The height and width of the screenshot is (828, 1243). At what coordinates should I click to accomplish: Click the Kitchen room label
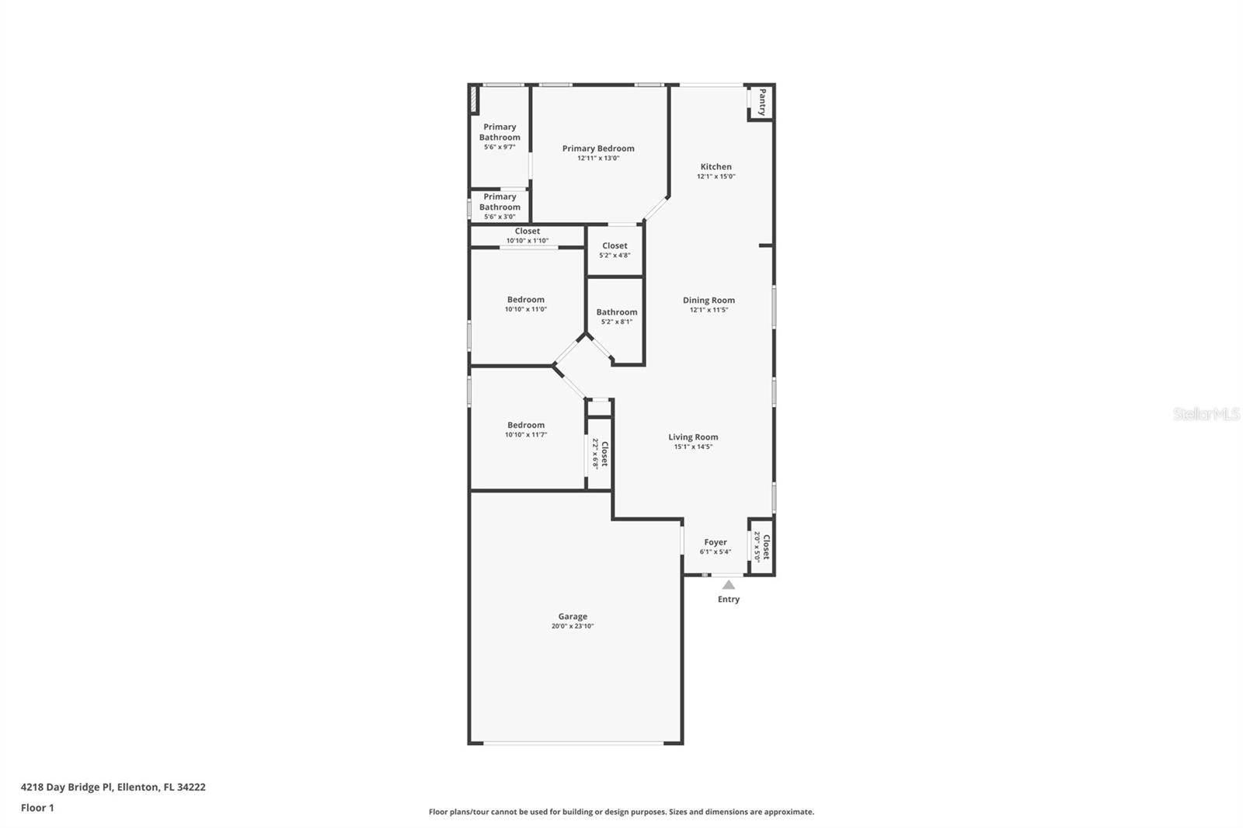[x=716, y=166]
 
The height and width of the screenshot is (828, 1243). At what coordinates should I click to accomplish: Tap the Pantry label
[x=763, y=102]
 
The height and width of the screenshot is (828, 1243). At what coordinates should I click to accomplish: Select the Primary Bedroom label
[x=598, y=148]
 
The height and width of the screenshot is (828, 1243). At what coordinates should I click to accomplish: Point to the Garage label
[x=573, y=616]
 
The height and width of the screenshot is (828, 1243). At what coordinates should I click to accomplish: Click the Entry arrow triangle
[x=729, y=585]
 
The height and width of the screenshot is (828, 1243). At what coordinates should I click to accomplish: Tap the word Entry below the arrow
[x=729, y=600]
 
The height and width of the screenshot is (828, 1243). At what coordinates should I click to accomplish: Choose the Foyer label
[x=716, y=542]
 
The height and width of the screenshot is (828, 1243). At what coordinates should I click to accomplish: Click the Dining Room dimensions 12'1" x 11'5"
[x=709, y=310]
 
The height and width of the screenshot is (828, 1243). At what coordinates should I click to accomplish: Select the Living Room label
[x=693, y=437]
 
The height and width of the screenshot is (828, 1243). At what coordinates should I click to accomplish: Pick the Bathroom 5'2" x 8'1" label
[x=617, y=316]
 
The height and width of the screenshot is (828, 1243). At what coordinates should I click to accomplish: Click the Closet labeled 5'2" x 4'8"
[x=615, y=250]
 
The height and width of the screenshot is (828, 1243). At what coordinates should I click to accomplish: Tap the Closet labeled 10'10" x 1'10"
[x=527, y=235]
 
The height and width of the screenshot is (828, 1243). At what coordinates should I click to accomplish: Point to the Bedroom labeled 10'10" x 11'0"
[x=525, y=304]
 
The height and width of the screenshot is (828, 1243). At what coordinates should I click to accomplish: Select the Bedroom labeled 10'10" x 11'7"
[x=525, y=430]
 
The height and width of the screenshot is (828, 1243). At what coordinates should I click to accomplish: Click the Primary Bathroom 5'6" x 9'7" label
[x=500, y=137]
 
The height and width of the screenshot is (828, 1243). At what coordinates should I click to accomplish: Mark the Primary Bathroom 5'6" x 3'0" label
[x=500, y=206]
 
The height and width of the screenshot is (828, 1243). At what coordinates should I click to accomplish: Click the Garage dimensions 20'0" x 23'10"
[x=573, y=626]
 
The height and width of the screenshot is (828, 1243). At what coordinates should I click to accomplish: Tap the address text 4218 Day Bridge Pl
[x=67, y=787]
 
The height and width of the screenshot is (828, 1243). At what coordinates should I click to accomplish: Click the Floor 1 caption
[x=38, y=808]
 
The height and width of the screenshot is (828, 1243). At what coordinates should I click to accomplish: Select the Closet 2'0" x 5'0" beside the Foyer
[x=761, y=547]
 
